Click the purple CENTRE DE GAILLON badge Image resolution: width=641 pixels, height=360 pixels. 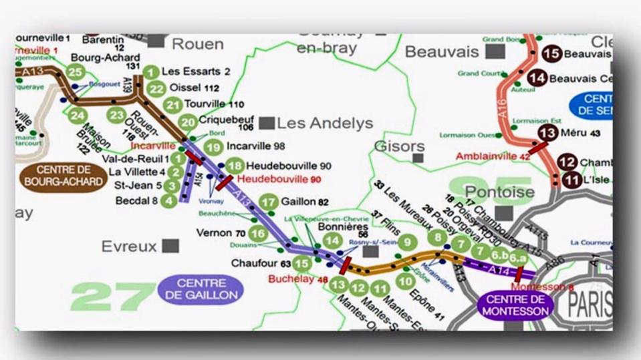click(200, 288)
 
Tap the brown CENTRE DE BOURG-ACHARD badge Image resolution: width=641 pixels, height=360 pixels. click(63, 176)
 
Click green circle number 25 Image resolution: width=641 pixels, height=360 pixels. click(76, 72)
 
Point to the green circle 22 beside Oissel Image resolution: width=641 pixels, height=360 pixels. click(156, 89)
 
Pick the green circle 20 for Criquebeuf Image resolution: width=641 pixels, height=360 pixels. click(188, 122)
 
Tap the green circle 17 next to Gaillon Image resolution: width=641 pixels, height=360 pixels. click(269, 202)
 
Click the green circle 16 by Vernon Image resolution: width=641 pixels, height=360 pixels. click(257, 234)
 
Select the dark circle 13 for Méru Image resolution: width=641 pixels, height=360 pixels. click(547, 133)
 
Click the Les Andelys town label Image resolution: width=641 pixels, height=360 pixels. click(325, 123)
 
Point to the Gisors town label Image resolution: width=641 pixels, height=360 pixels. click(399, 146)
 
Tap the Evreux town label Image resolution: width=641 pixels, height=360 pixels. click(129, 246)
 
